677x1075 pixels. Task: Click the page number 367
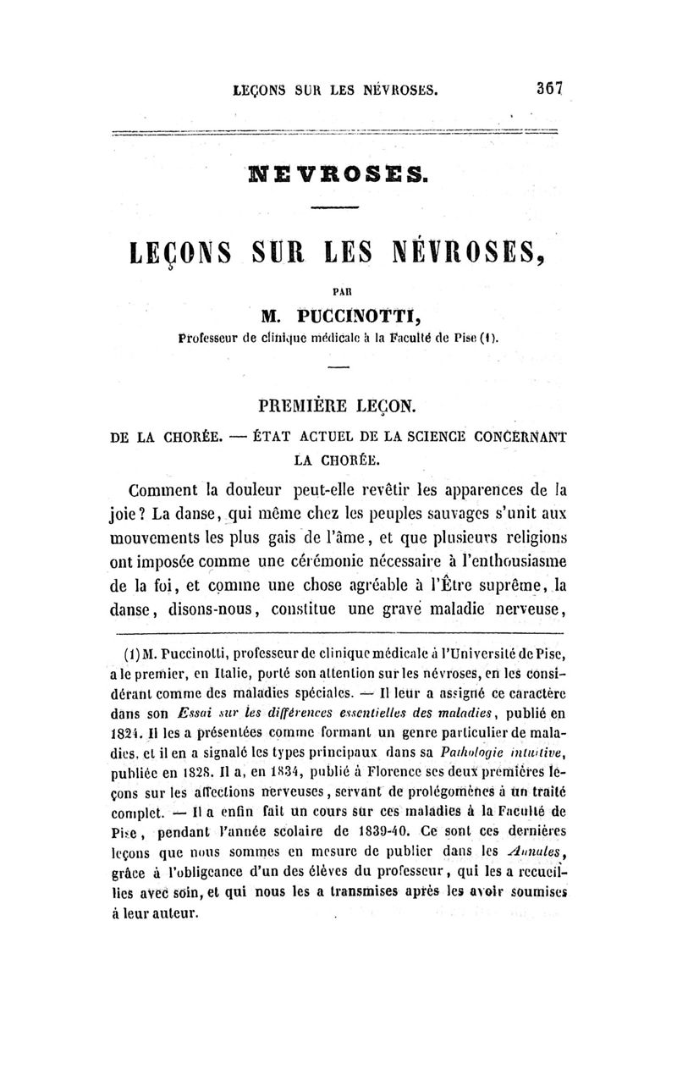point(549,87)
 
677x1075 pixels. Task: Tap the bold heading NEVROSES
point(338,175)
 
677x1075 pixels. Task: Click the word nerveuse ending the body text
point(517,609)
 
